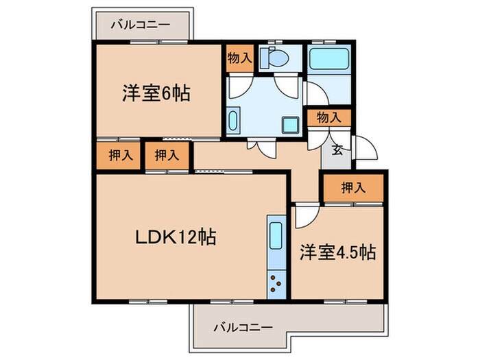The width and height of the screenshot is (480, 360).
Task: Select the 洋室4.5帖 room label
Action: click(337, 252)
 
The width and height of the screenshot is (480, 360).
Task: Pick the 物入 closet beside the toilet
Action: click(239, 59)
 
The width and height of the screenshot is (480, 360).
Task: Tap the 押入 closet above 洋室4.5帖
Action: click(352, 187)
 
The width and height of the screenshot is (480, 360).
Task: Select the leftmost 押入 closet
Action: click(120, 155)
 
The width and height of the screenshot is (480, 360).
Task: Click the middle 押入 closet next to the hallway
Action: click(167, 155)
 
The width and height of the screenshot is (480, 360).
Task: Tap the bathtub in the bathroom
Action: click(329, 60)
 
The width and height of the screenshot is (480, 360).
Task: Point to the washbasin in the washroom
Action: click(232, 122)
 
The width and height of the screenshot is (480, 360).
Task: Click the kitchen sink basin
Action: click(276, 237)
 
